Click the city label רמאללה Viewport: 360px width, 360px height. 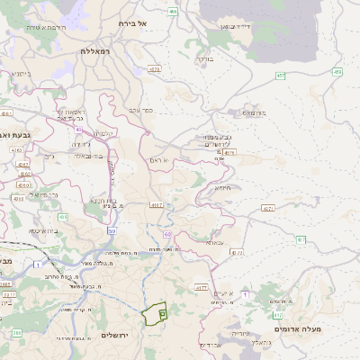coord(94,51)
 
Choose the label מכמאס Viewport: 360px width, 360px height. coord(255,113)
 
